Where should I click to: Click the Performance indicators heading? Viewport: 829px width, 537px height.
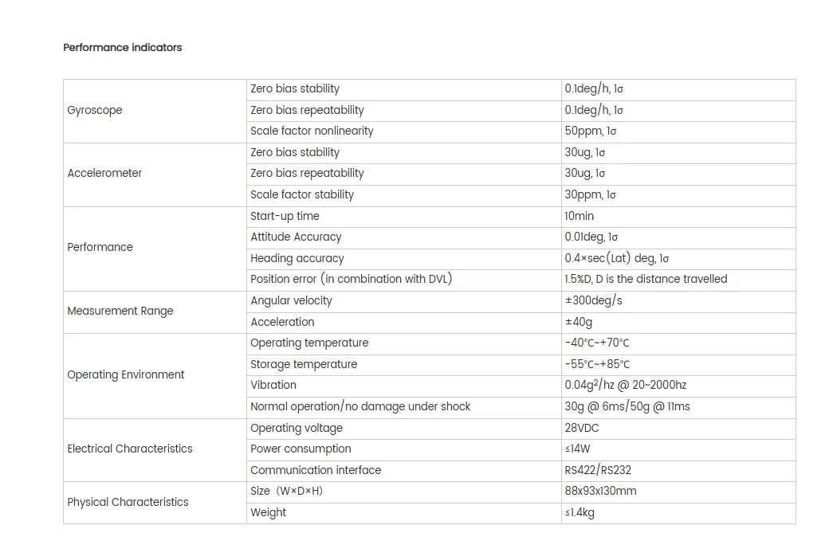123,48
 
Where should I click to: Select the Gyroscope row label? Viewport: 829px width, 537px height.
95,110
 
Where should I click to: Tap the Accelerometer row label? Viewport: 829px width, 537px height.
104,173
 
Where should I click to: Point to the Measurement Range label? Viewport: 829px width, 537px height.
120,311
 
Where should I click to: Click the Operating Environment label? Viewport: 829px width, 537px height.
126,374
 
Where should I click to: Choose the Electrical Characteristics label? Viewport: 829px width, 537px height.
130,449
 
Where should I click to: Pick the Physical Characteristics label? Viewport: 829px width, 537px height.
128,502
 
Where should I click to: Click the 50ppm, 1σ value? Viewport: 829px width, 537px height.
591,131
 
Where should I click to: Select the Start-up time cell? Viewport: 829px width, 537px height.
285,216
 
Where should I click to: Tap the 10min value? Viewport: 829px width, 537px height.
580,216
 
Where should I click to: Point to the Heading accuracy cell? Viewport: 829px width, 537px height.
297,258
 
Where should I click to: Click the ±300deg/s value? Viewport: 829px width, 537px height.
593,300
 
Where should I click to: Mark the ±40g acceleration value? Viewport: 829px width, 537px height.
579,322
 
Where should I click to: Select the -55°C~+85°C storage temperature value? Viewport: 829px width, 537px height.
597,364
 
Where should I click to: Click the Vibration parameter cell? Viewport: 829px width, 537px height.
273,385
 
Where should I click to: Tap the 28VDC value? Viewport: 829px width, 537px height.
582,428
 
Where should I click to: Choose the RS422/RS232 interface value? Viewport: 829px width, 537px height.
598,470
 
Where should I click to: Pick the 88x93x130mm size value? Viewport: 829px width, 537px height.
600,491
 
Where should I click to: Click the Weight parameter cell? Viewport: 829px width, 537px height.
268,512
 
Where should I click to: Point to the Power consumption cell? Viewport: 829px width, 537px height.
301,449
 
